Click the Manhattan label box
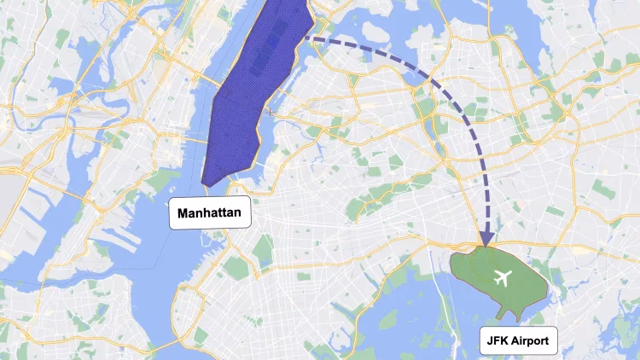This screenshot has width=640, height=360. (x=211, y=213)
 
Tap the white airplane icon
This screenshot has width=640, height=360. (x=504, y=278)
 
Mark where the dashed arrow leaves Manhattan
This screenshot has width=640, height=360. (x=307, y=38)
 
